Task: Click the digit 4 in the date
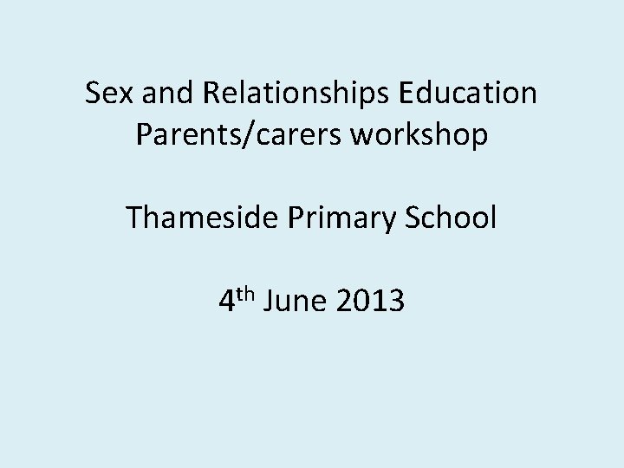[226, 302]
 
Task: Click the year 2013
[369, 302]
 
